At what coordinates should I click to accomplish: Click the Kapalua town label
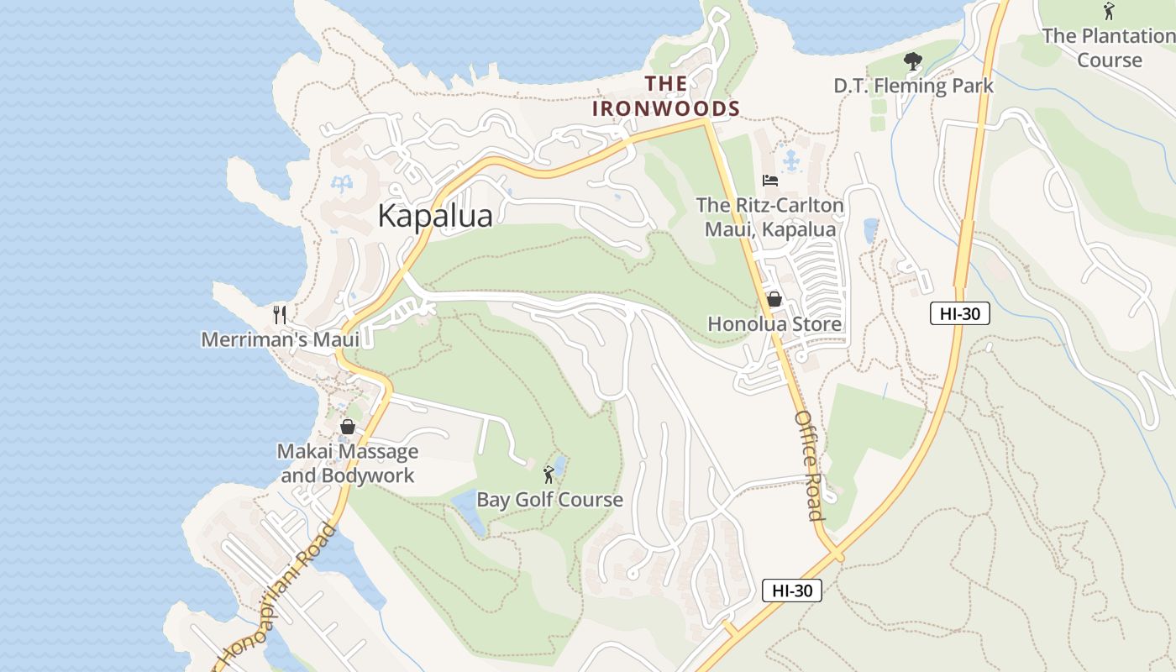pyautogui.click(x=434, y=216)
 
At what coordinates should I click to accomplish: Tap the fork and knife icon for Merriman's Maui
pyautogui.click(x=280, y=315)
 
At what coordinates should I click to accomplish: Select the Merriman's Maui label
pyautogui.click(x=280, y=339)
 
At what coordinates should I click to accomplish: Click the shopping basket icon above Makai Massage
pyautogui.click(x=347, y=427)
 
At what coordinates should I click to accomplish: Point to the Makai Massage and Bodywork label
pyautogui.click(x=347, y=463)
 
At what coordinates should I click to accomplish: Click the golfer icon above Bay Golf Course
pyautogui.click(x=549, y=475)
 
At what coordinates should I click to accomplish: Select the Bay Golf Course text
pyautogui.click(x=549, y=500)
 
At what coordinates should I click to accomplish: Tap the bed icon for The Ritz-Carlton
pyautogui.click(x=769, y=180)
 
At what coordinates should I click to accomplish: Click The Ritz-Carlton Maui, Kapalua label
pyautogui.click(x=769, y=217)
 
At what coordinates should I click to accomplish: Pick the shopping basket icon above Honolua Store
pyautogui.click(x=774, y=299)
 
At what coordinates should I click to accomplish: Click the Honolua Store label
pyautogui.click(x=774, y=324)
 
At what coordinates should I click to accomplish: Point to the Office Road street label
pyautogui.click(x=809, y=465)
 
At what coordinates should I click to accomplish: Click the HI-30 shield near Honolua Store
pyautogui.click(x=959, y=314)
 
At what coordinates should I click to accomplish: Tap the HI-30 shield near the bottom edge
pyautogui.click(x=791, y=591)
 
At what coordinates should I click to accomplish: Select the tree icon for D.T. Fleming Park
pyautogui.click(x=912, y=61)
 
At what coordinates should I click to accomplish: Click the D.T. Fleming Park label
pyautogui.click(x=913, y=86)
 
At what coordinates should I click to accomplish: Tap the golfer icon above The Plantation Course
pyautogui.click(x=1109, y=11)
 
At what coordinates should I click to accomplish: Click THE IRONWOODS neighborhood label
pyautogui.click(x=666, y=96)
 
